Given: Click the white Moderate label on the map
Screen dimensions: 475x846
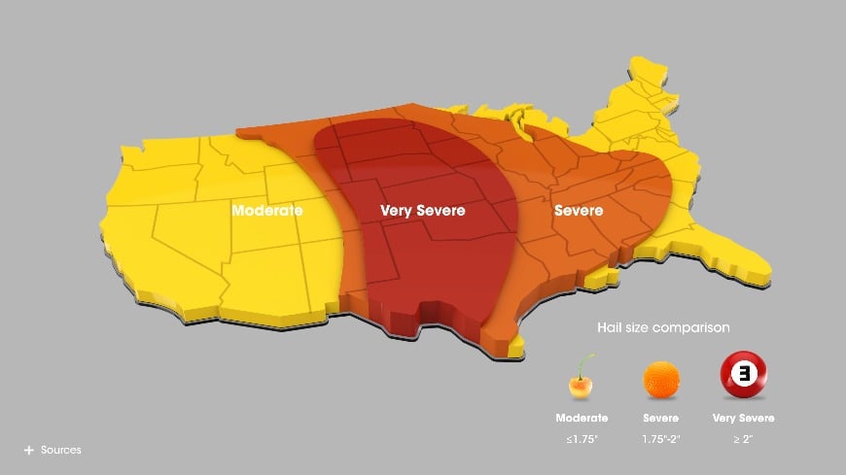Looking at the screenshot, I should (x=266, y=210).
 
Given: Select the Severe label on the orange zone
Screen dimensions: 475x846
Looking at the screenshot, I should (x=578, y=210).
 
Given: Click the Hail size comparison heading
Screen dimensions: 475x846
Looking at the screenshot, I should (x=663, y=327).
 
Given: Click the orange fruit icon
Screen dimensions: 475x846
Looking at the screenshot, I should (x=660, y=379).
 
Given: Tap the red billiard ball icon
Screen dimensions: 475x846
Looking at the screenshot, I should (x=743, y=374).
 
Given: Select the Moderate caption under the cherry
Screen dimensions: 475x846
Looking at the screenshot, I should (x=582, y=418).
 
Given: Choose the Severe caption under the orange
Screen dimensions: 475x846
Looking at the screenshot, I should (x=660, y=418).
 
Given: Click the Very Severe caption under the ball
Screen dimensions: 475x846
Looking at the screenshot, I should (x=743, y=418).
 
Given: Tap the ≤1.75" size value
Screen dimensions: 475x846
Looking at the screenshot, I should (x=582, y=439).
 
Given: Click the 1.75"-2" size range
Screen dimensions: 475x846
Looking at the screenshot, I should (x=660, y=439).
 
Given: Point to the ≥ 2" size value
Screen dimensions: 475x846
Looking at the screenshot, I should (x=743, y=439).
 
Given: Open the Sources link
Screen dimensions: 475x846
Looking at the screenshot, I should (x=60, y=450).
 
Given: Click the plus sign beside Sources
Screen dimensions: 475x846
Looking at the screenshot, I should (x=29, y=450).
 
